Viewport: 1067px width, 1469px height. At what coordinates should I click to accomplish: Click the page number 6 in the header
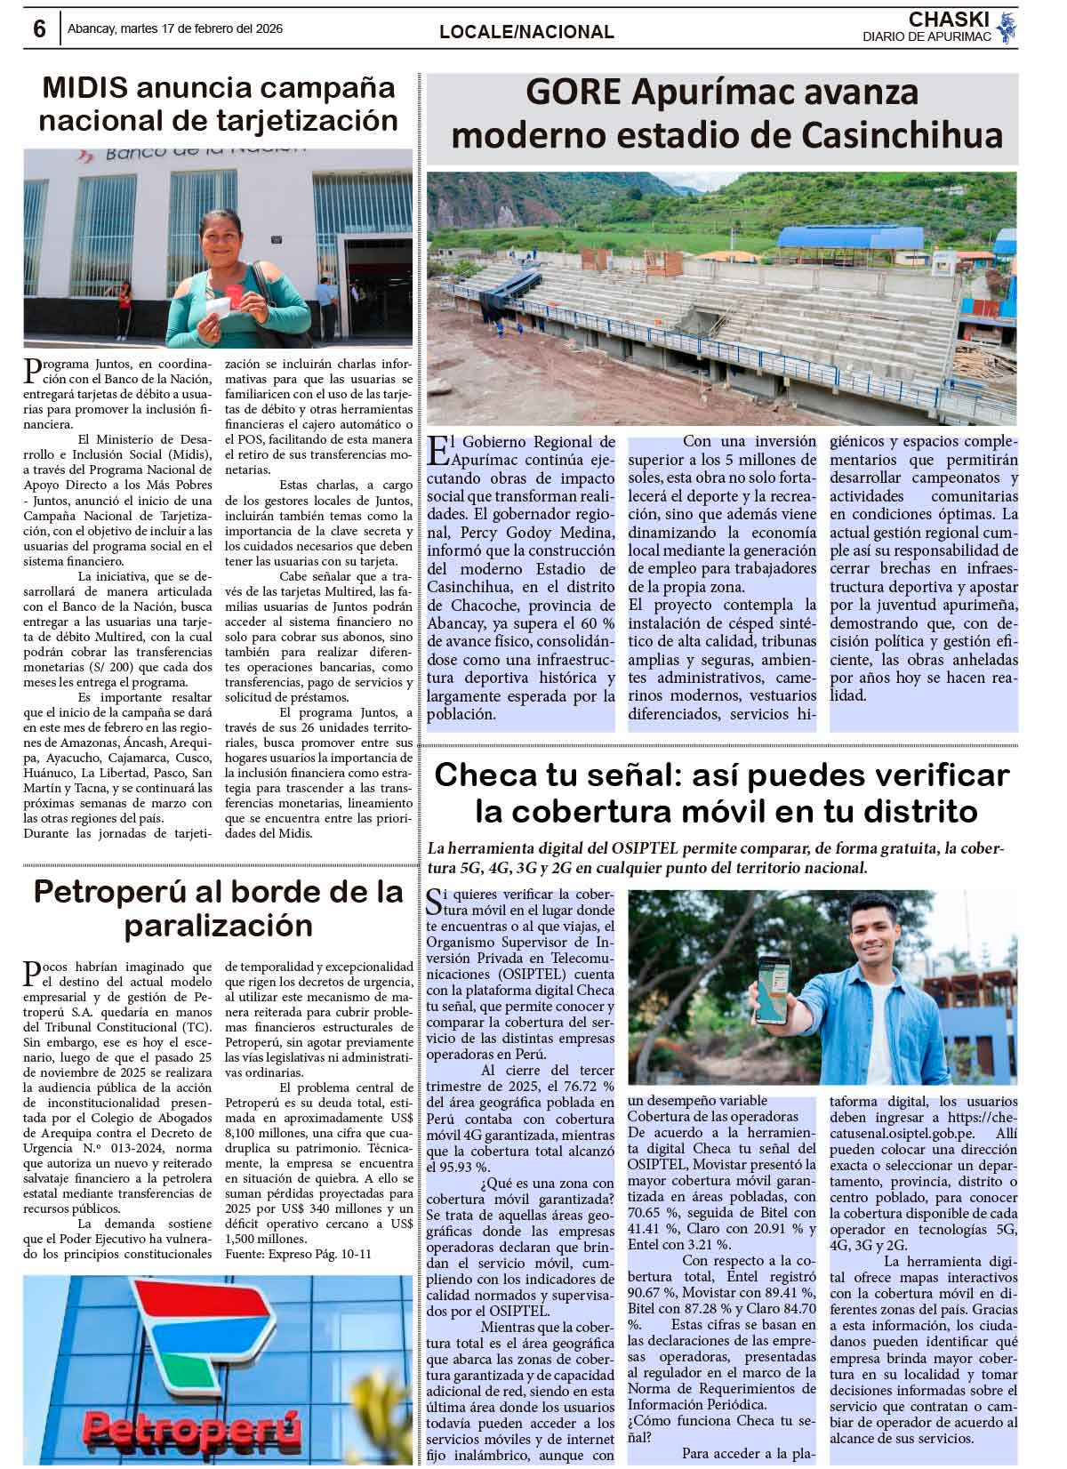coord(39,29)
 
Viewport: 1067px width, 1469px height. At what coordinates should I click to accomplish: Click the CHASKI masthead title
coord(949,19)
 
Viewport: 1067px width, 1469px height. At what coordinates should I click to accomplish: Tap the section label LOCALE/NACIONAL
coord(526,32)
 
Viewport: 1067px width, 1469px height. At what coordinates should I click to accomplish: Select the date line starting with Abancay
coord(175,28)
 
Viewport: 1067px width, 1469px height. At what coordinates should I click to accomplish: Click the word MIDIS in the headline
coord(85,88)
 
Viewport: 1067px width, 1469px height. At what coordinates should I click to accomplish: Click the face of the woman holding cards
coord(218,240)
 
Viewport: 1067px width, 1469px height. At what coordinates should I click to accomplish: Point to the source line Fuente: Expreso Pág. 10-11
coord(298,1254)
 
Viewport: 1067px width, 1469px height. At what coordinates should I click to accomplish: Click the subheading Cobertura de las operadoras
coord(713,1116)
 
